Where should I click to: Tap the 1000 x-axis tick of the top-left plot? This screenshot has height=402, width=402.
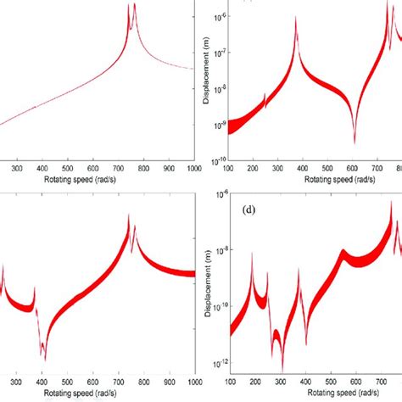(x=194, y=170)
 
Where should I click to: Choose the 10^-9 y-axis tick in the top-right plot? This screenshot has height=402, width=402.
(x=219, y=125)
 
